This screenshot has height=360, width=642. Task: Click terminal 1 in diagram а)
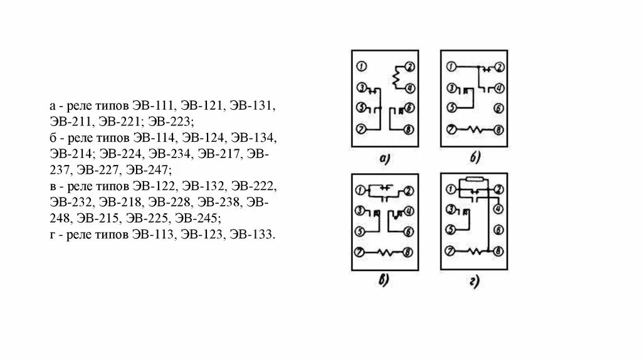360,66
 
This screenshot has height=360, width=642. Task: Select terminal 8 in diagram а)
408,129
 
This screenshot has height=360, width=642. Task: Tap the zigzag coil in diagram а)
396,78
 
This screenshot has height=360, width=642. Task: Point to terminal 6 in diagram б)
498,108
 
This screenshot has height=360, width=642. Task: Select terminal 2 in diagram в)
408,191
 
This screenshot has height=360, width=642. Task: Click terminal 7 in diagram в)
360,252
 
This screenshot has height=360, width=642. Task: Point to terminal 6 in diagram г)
498,230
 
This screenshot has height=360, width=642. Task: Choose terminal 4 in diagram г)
498,210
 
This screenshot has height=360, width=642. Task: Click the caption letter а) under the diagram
385,160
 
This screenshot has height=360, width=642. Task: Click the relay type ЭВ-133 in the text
252,235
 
